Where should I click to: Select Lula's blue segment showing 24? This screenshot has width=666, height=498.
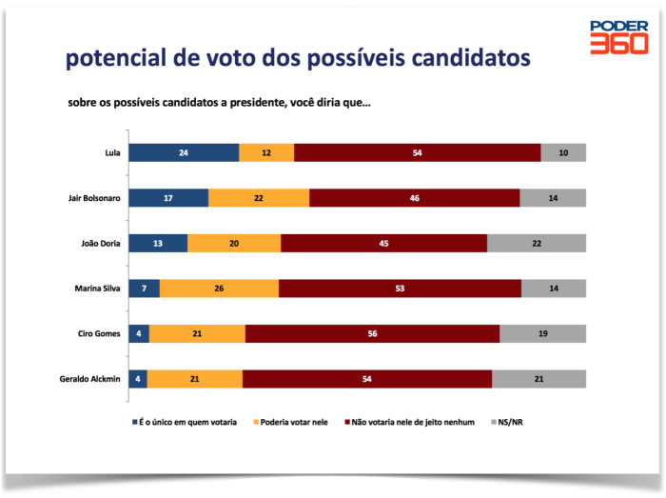(184, 152)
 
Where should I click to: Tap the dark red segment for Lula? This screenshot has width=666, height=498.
(418, 152)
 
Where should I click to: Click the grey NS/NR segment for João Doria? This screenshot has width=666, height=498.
(537, 243)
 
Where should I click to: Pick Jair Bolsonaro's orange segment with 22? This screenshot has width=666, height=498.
(259, 198)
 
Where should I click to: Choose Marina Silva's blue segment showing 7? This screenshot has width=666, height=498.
(144, 289)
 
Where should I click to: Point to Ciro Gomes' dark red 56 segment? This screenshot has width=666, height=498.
(372, 333)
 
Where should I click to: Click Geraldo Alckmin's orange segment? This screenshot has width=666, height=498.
(195, 379)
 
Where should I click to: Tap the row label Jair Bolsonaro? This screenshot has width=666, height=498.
(93, 198)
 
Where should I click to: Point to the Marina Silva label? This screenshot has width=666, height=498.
(97, 289)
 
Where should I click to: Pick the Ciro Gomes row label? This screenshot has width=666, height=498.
(98, 333)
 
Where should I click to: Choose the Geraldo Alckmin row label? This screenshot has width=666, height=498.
(89, 379)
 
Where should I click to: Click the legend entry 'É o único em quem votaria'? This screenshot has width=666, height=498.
(187, 420)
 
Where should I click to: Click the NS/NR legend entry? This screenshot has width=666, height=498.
(510, 420)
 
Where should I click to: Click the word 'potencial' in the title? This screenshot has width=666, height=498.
(113, 59)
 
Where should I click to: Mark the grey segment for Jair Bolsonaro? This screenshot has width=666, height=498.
(553, 198)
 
